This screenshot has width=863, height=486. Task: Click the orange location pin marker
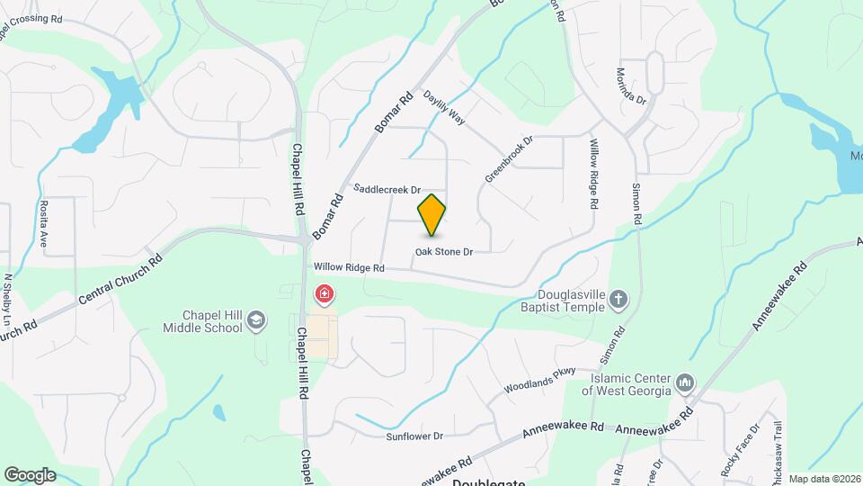[x=432, y=215]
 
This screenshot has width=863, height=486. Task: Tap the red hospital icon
[x=324, y=294]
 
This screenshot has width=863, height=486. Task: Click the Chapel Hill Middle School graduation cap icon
[x=257, y=319]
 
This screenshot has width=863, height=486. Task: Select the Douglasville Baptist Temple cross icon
[x=618, y=298]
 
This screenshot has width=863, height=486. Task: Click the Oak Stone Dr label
[x=443, y=252]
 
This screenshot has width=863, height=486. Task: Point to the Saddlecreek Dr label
[x=387, y=190]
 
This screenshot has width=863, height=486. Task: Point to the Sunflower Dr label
[x=414, y=436]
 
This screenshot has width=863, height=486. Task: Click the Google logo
[x=30, y=474]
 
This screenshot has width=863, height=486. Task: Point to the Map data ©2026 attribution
[x=824, y=479]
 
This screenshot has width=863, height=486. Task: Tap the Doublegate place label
[x=488, y=481]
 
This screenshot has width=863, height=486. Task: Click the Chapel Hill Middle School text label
[x=202, y=320]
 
